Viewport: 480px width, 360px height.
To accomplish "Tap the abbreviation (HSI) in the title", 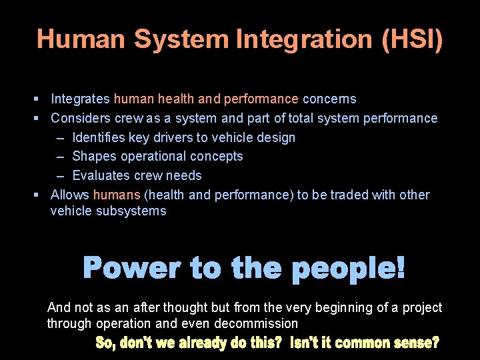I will [x=412, y=39].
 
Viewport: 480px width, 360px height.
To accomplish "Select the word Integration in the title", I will [x=305, y=39].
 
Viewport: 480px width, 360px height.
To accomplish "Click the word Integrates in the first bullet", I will [x=80, y=99].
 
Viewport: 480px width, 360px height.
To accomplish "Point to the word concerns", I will [x=329, y=99].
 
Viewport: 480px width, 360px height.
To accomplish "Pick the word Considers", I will [x=81, y=119].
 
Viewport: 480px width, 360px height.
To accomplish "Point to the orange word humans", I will [x=117, y=195].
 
